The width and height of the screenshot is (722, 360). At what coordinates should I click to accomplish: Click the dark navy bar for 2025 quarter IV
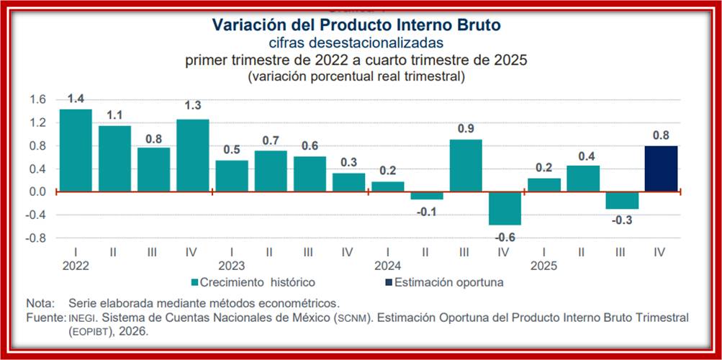[661, 168]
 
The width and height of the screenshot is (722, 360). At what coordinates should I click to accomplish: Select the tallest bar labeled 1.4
[76, 150]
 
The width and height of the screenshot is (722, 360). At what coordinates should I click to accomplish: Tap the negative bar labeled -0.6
[505, 208]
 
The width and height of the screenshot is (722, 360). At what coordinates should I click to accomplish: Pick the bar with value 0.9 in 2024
[466, 166]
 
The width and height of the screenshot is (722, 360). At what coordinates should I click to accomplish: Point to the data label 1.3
[192, 106]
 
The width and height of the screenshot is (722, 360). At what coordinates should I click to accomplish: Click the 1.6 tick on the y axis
[38, 99]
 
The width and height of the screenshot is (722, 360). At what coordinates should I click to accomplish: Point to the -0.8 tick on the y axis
[36, 238]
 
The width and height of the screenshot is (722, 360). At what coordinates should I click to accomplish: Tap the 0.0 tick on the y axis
[38, 192]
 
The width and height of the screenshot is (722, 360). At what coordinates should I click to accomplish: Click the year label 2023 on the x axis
[231, 265]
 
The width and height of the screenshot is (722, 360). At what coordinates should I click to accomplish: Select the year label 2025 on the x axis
[544, 265]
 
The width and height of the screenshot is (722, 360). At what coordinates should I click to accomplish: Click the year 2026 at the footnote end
[134, 331]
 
